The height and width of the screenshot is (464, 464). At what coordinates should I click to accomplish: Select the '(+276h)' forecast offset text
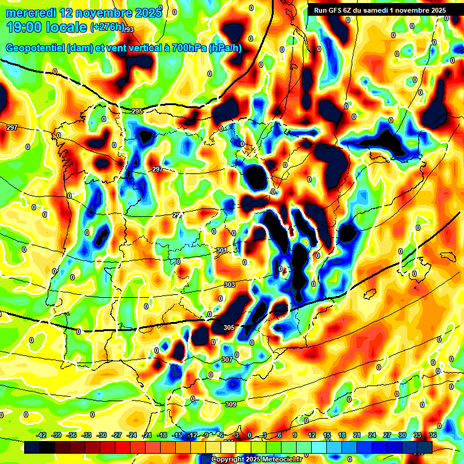pos(108,28)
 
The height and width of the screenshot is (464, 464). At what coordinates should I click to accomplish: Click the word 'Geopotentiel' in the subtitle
pos(35,48)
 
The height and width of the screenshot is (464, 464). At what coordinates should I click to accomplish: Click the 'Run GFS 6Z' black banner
pos(379,10)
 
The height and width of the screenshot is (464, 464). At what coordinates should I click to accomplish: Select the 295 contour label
pos(137,112)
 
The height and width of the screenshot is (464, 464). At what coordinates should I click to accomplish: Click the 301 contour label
pos(221,250)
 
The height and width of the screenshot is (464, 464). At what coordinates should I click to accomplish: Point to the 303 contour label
pos(230,285)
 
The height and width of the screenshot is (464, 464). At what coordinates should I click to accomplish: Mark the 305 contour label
pos(228,327)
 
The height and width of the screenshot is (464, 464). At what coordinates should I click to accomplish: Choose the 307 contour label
pos(227,359)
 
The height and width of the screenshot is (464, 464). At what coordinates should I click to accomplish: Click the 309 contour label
pos(230,404)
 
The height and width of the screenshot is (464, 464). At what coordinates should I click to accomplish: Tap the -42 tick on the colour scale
pos(42,435)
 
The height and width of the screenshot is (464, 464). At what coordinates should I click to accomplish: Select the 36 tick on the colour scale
pos(433,435)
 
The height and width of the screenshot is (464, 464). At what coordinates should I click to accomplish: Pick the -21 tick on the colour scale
pos(147,435)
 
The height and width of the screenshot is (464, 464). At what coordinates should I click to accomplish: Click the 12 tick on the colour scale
pos(312,435)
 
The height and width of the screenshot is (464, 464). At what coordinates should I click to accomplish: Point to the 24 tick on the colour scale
pos(372,435)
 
